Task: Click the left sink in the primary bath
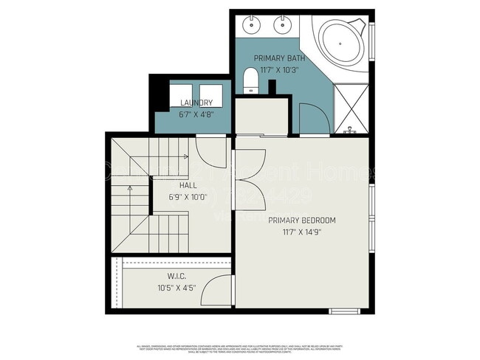tap(253, 25)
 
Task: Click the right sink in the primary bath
tap(284, 25)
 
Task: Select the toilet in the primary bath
tap(250, 80)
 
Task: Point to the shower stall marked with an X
tap(351, 108)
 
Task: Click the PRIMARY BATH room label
tap(275, 58)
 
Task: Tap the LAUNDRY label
tap(196, 103)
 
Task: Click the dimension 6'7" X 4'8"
tap(196, 114)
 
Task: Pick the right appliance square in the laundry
tap(210, 94)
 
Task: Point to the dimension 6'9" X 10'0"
tap(188, 198)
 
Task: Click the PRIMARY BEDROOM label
tap(302, 221)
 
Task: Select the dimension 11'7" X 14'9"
tap(302, 232)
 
